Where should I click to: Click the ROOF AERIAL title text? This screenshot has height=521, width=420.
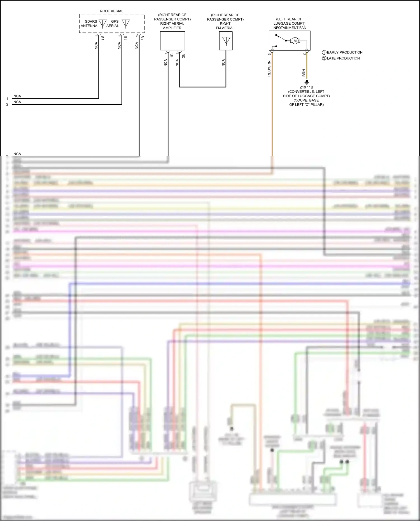[111, 11]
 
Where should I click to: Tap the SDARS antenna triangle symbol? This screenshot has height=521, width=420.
[103, 23]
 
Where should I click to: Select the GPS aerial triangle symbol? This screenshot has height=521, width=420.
[126, 23]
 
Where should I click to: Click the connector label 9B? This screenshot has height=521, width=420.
[102, 38]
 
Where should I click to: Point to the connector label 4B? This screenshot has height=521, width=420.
[125, 38]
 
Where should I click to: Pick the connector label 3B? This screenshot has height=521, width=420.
[143, 38]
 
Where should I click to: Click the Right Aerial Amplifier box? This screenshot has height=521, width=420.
[172, 41]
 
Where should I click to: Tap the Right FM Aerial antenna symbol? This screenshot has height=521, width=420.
[226, 41]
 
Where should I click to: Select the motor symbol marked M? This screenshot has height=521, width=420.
[295, 41]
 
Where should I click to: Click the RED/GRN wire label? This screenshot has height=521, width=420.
[269, 69]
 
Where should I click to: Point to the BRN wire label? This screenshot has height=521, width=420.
[304, 73]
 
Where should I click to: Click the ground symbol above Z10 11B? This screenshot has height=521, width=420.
[307, 82]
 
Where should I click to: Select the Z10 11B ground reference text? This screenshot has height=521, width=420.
[306, 87]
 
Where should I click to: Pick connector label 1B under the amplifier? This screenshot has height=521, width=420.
[172, 55]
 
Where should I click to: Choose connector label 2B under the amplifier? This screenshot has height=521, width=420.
[183, 55]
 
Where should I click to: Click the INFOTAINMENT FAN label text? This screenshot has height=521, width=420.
[289, 28]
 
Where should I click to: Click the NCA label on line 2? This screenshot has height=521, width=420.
[17, 102]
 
